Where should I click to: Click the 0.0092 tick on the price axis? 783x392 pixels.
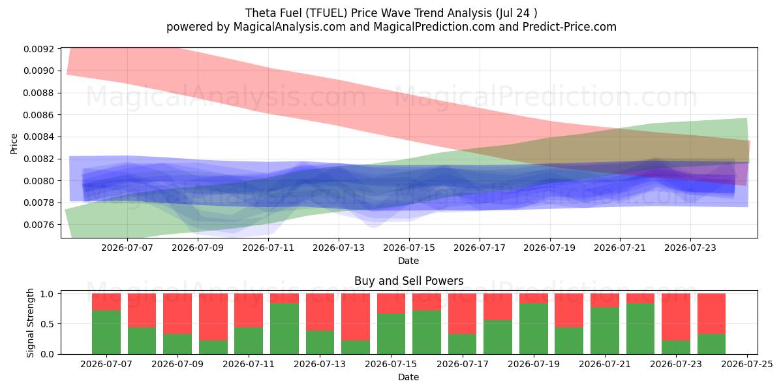38,49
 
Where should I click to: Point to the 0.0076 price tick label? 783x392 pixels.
38,225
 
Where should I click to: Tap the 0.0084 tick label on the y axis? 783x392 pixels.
38,137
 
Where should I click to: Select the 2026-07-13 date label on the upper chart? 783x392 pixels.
339,248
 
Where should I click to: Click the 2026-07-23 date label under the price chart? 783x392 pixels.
690,248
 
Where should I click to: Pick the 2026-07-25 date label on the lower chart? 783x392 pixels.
747,364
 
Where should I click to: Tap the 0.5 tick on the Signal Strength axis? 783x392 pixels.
47,324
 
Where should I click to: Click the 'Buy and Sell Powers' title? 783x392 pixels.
408,281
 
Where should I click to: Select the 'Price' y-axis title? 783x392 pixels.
14,144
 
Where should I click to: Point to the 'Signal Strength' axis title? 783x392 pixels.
30,323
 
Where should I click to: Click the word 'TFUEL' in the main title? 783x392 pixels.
326,13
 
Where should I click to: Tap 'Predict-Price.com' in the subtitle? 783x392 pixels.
570,27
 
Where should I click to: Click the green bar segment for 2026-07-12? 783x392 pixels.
284,329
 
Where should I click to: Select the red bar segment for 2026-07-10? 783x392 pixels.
213,317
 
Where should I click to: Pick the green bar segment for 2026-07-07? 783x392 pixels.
106,332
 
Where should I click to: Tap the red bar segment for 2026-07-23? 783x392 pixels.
676,317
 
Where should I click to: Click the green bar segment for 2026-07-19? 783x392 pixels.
534,329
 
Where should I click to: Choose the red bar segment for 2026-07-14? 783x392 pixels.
356,317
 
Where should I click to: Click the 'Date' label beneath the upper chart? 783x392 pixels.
408,261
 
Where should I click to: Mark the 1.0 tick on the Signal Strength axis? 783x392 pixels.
47,294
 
